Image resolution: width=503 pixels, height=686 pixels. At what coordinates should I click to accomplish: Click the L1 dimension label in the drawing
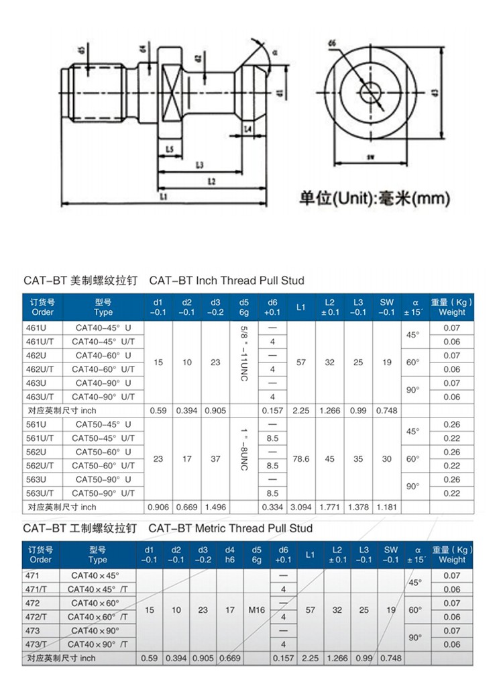point(164,196)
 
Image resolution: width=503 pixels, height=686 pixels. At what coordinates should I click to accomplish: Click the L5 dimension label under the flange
point(170,148)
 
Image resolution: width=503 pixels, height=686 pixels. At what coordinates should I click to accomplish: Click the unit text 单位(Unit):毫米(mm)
point(374,198)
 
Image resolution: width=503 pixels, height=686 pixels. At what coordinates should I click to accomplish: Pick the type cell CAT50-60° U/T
point(105,466)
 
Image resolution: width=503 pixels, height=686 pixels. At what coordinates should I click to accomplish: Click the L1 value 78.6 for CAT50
point(301,459)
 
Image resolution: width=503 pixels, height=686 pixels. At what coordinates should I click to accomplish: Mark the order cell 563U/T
point(40,493)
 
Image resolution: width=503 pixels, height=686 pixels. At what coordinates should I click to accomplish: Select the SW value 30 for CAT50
point(387,459)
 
